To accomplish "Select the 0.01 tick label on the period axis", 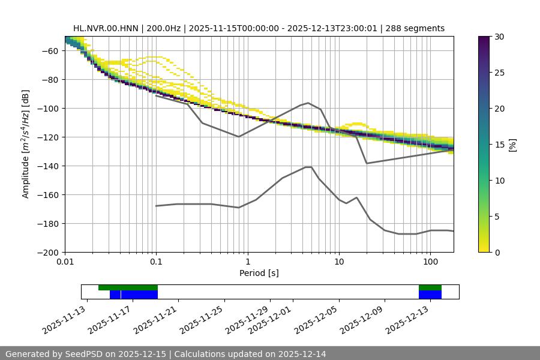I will point(65,262).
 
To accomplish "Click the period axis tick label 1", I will point(247,262).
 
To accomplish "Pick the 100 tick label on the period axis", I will point(430,262).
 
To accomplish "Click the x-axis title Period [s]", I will point(259,273).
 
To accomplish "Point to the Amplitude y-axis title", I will point(26,144).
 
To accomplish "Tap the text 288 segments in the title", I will point(415,28).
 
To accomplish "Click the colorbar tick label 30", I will point(499,37).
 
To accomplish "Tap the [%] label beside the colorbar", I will point(513,145).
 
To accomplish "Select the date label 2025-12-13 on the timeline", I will point(407,319).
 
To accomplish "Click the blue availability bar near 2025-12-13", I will point(430,295).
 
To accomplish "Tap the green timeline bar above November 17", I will point(128,287).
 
